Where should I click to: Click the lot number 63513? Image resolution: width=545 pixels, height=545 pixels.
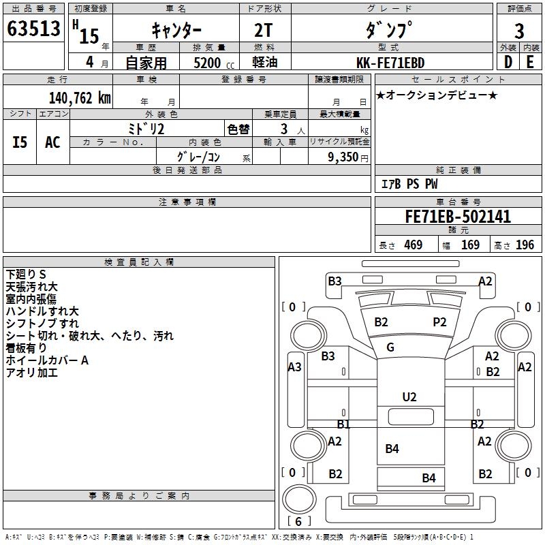tap(33, 29)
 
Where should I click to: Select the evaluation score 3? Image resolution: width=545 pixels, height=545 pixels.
tap(519, 31)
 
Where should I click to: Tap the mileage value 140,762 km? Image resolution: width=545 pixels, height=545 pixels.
tap(80, 98)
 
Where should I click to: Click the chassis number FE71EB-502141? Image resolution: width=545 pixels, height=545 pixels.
tap(458, 217)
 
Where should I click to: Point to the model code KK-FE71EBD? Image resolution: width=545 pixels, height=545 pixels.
tap(390, 63)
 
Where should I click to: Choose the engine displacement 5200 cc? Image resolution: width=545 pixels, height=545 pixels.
tap(214, 63)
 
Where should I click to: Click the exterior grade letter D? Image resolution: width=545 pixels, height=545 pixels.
tap(508, 62)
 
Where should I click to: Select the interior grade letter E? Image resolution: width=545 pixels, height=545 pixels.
tap(530, 62)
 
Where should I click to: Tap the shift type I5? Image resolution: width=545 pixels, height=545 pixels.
tap(20, 142)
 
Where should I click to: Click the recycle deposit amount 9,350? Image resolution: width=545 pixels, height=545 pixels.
tap(343, 157)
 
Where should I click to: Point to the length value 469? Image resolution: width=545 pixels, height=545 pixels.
tap(414, 245)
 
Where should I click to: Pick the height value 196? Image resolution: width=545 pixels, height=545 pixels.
tap(525, 245)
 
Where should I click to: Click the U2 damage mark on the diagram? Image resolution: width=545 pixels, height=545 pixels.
tap(409, 397)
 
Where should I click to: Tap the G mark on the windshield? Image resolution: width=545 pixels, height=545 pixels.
tap(390, 347)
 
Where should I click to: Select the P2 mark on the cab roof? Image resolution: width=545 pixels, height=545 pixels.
tap(439, 322)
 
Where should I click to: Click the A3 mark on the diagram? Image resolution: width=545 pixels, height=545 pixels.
tap(294, 367)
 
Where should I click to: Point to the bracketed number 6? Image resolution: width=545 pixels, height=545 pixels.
tap(298, 521)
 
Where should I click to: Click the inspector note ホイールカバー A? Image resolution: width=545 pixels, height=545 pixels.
tap(47, 360)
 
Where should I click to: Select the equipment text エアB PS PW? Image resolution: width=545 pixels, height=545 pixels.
tap(409, 184)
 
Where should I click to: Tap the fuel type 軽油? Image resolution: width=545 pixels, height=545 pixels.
tap(265, 63)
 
